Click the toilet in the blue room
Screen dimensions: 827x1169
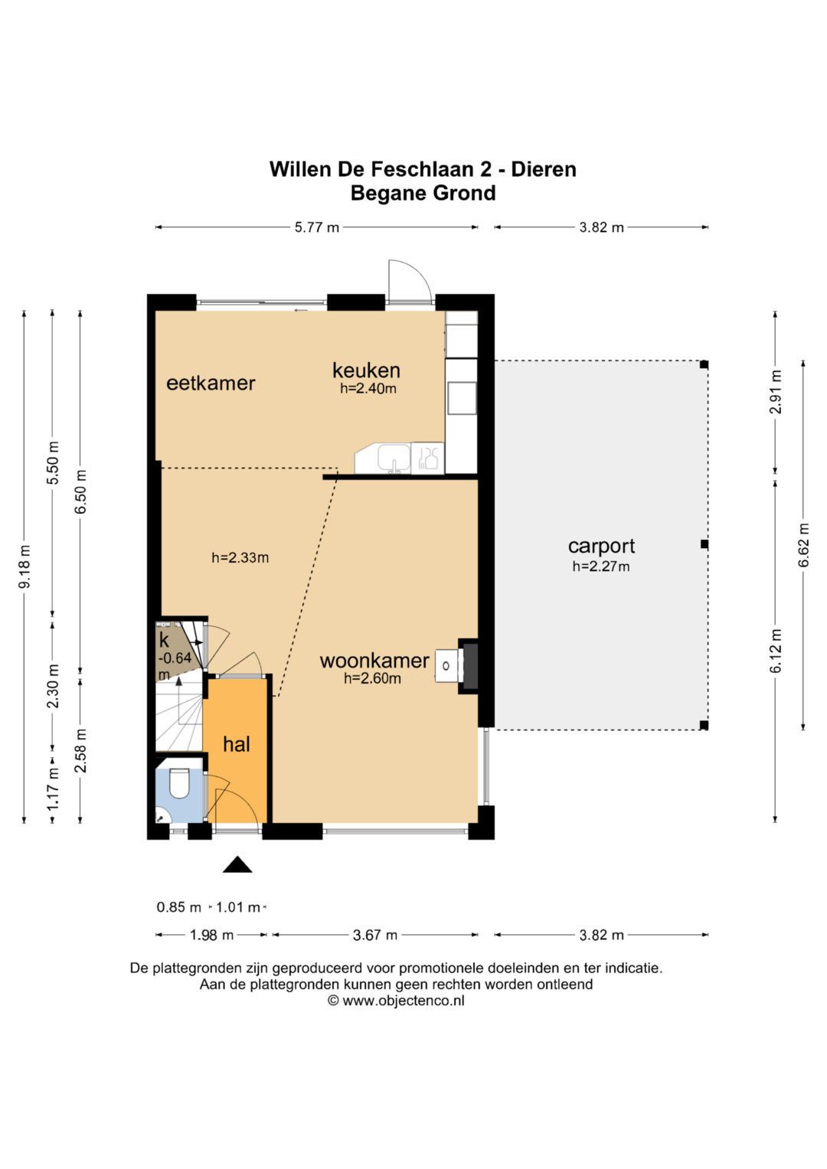[x=179, y=782]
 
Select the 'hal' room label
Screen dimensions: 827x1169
[x=237, y=744]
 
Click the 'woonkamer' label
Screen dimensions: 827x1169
[x=374, y=661]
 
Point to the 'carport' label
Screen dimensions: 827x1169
[x=601, y=547]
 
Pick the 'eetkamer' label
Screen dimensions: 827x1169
[x=211, y=383]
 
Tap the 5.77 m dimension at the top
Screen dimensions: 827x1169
[x=317, y=227]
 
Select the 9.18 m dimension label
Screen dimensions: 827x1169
[x=25, y=567]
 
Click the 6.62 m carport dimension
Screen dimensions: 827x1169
[x=803, y=544]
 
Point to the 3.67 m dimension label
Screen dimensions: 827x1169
[x=375, y=935]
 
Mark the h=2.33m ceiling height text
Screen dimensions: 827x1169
[x=240, y=558]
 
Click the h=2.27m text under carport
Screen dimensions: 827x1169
[x=601, y=567]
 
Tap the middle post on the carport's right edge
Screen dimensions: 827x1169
[x=704, y=544]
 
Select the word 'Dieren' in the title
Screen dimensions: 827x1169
[x=544, y=170]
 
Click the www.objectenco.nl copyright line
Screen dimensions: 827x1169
[x=396, y=1001]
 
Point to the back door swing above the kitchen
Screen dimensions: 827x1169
[x=410, y=281]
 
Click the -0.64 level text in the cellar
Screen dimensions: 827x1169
[x=175, y=658]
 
